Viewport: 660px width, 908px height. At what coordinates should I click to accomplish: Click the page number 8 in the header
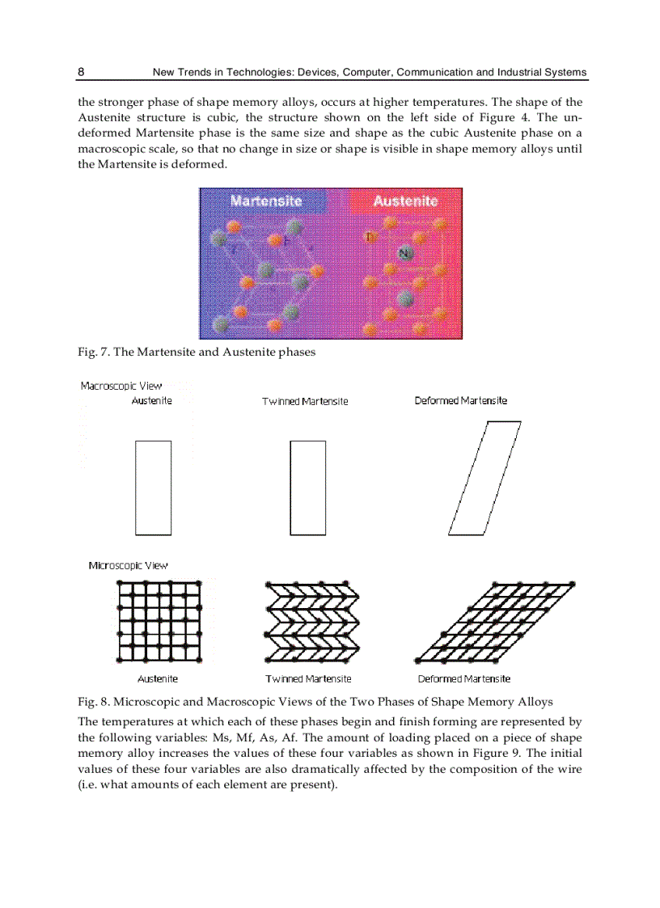click(81, 72)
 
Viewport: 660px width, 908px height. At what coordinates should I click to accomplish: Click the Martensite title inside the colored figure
click(265, 201)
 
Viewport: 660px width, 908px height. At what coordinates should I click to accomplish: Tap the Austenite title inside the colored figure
click(405, 201)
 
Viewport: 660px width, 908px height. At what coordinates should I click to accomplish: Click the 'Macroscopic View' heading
click(121, 386)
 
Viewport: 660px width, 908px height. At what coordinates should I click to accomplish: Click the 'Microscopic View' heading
click(128, 565)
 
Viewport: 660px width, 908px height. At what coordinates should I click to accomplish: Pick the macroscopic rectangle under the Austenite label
click(153, 488)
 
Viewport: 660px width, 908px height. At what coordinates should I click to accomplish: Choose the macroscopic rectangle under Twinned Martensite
click(307, 488)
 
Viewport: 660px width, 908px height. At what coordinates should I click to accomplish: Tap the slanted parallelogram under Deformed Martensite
click(484, 478)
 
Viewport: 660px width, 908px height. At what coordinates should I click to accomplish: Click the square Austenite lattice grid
click(159, 619)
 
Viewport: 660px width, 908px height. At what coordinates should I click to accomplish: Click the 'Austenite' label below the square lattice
click(158, 678)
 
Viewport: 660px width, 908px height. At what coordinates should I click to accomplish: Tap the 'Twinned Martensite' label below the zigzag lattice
click(308, 678)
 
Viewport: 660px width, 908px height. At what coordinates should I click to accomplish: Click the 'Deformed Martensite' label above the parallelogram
click(461, 401)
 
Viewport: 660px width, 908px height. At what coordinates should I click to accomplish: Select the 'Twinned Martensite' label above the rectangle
click(305, 402)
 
